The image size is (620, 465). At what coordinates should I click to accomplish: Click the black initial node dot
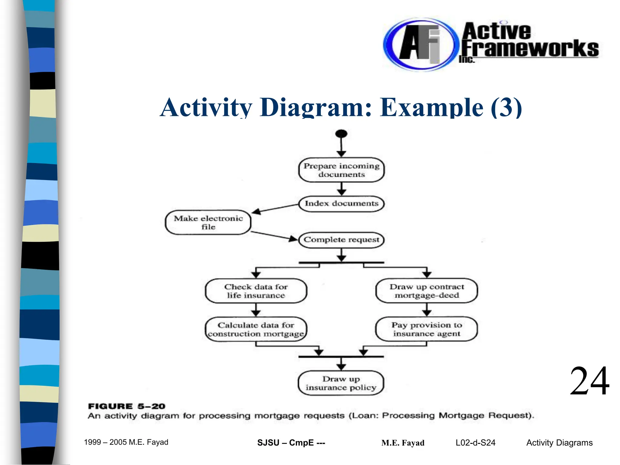(341, 134)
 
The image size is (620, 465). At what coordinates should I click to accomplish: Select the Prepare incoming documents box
(341, 170)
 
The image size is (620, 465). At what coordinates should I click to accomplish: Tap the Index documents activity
(341, 203)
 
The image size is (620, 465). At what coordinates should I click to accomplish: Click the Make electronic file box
(208, 223)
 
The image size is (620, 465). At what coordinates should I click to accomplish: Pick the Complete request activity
(341, 240)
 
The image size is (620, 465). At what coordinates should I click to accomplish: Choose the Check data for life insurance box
(256, 291)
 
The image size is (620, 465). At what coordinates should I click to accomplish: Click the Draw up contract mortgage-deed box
(427, 291)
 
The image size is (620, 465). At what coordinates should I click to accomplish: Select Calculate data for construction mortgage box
(256, 329)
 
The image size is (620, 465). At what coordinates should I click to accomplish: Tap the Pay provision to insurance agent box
(427, 329)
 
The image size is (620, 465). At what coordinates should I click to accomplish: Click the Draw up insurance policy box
(341, 383)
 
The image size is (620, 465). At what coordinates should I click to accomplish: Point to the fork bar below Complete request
(341, 263)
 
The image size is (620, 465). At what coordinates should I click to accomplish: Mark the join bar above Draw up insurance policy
(341, 357)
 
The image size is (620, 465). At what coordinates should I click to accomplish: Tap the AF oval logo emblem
(419, 45)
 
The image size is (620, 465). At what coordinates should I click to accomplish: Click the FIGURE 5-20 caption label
(127, 406)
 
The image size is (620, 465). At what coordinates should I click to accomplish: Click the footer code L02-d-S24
(475, 443)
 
